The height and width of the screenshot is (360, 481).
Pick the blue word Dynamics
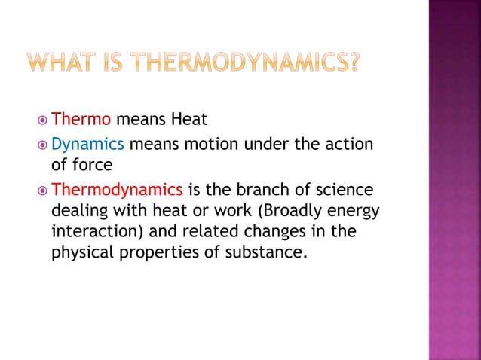click(87, 145)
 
